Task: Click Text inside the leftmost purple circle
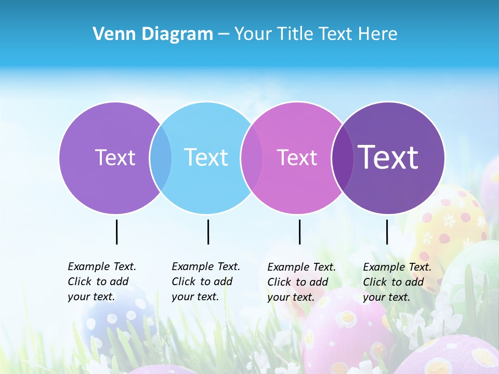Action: [x=115, y=157]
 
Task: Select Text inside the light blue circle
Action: [x=206, y=157]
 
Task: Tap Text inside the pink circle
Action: [x=297, y=157]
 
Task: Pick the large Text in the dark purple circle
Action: [x=388, y=157]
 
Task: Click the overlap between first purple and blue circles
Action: [x=161, y=158]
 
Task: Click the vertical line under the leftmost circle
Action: [x=116, y=232]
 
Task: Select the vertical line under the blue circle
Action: [x=208, y=232]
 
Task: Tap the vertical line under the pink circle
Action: [x=299, y=232]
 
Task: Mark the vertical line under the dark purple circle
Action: [x=387, y=232]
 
